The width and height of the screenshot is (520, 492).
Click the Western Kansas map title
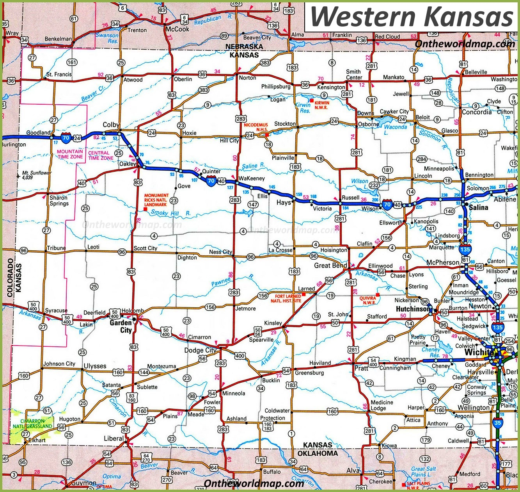pyautogui.click(x=412, y=16)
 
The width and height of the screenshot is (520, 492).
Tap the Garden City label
pyautogui.click(x=121, y=326)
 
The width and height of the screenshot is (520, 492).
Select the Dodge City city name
pyautogui.click(x=200, y=350)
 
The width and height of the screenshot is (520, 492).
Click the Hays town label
pyautogui.click(x=284, y=202)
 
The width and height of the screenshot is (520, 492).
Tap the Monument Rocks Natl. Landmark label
pyautogui.click(x=156, y=200)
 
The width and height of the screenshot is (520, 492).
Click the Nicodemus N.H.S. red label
pyautogui.click(x=256, y=127)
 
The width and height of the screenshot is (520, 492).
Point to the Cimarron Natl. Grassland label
pyautogui.click(x=32, y=424)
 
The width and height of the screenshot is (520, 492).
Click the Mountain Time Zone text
pyautogui.click(x=70, y=154)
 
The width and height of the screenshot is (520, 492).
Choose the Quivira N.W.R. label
pyautogui.click(x=367, y=300)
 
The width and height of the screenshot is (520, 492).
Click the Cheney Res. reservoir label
pyautogui.click(x=431, y=353)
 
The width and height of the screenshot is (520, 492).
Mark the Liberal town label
pyautogui.click(x=114, y=439)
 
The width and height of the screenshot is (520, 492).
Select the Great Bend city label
pyautogui.click(x=330, y=266)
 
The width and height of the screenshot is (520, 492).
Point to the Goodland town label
pyautogui.click(x=38, y=133)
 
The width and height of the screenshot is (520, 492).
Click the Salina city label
pyautogui.click(x=478, y=207)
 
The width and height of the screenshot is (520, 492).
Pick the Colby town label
pyautogui.click(x=111, y=125)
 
